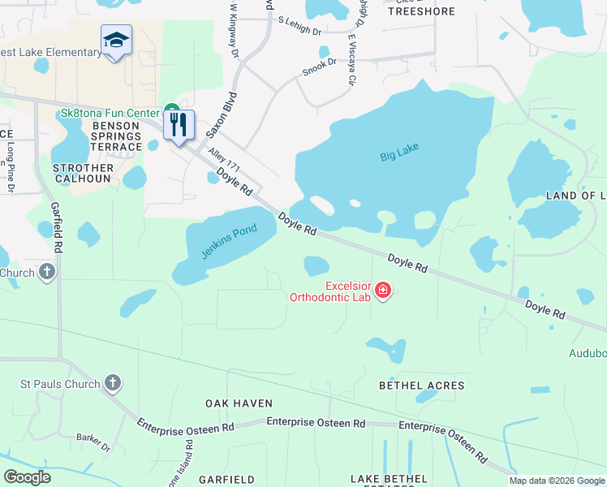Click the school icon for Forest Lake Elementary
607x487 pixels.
click(116, 40)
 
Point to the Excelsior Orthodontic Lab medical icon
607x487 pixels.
click(382, 290)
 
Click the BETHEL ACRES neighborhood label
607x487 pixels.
click(422, 386)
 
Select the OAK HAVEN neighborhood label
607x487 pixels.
click(239, 403)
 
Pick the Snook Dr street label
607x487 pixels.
click(319, 67)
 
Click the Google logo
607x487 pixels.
click(28, 477)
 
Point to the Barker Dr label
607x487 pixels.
click(93, 441)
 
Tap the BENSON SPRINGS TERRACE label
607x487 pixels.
click(123, 136)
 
